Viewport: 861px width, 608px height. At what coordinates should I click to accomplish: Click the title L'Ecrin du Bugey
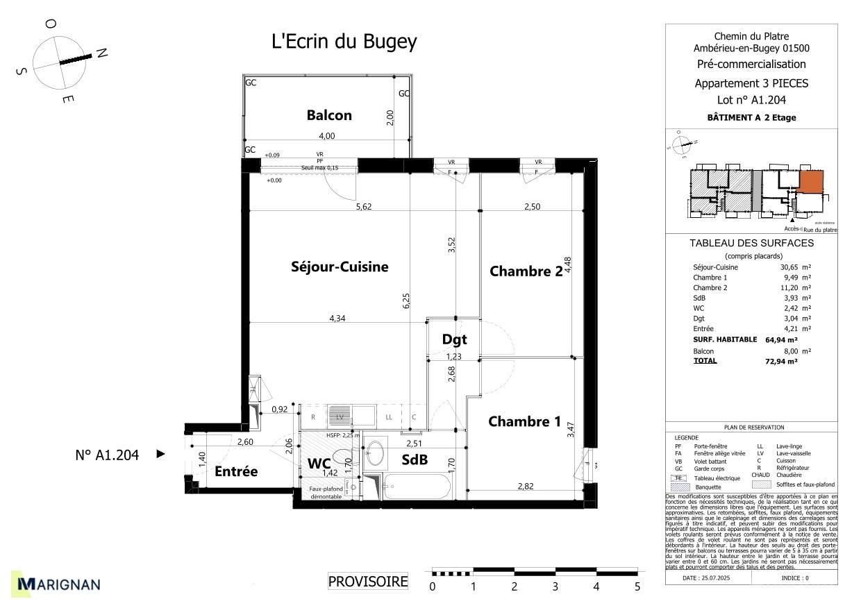[x=344, y=42]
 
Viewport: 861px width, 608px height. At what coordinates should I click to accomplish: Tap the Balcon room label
[x=329, y=115]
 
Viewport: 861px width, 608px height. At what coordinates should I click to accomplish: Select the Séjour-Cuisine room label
[x=340, y=267]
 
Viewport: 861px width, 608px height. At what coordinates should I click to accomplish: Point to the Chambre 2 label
[x=526, y=271]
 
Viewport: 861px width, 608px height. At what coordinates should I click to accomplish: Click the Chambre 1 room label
[x=524, y=421]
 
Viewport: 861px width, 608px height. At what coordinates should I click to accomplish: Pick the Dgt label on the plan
[x=454, y=339]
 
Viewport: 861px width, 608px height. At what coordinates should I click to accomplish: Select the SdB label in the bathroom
[x=415, y=459]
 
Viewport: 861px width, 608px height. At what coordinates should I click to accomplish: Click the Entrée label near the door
[x=236, y=471]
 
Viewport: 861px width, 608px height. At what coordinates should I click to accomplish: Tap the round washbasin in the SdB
[x=374, y=453]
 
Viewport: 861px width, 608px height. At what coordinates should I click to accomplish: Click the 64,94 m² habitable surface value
[x=783, y=340]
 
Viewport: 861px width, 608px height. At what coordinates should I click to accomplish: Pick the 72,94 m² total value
[x=783, y=361]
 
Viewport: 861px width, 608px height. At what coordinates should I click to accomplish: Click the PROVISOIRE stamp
[x=368, y=582]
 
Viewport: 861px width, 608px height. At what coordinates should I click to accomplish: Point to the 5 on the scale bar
[x=637, y=586]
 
